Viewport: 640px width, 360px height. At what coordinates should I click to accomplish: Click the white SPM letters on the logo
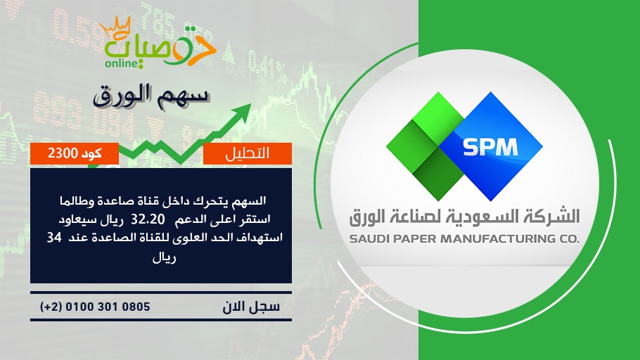[490, 148]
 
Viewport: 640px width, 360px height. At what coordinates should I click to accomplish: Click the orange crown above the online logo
[115, 27]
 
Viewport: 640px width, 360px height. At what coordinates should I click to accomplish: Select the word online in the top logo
[121, 63]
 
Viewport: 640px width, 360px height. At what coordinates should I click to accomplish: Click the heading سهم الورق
[151, 96]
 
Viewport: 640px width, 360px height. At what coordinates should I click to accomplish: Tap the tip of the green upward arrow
[250, 104]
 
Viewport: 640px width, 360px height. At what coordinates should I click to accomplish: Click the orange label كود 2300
[75, 153]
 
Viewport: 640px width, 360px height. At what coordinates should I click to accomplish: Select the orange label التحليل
[248, 153]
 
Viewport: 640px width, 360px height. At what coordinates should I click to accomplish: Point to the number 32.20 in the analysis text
[148, 219]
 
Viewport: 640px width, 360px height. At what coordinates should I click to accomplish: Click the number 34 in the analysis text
[54, 237]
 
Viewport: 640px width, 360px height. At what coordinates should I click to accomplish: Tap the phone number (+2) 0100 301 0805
[95, 307]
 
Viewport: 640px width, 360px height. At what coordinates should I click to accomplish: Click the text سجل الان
[251, 307]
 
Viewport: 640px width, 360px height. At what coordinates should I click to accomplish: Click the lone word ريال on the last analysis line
[164, 258]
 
